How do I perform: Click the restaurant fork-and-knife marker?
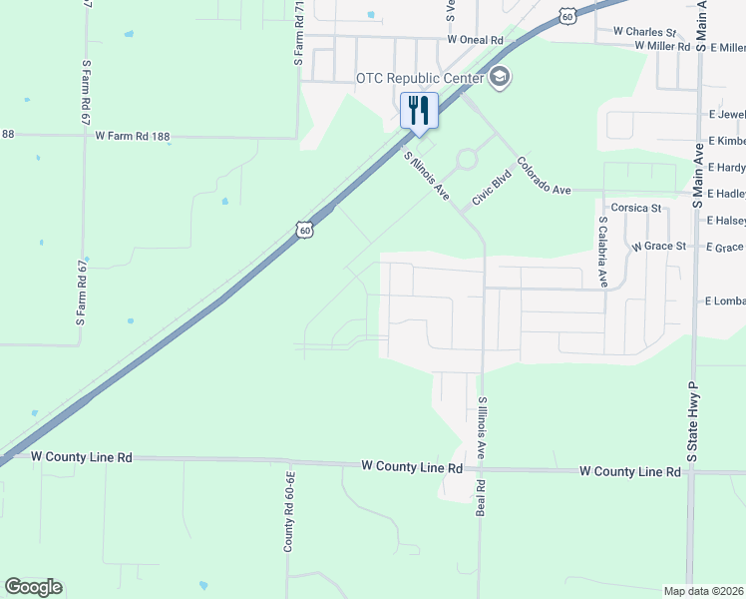click(x=419, y=110)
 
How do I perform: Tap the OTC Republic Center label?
click(x=420, y=78)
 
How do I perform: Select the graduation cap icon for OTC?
click(x=500, y=77)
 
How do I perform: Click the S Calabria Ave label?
click(x=603, y=253)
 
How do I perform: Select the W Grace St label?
click(x=659, y=246)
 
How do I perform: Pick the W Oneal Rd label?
click(x=476, y=40)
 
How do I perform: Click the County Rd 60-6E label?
click(x=289, y=511)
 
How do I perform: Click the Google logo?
click(x=33, y=587)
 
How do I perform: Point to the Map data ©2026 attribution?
click(x=704, y=591)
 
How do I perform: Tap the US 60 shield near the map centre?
click(x=305, y=230)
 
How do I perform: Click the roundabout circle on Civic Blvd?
click(x=466, y=159)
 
